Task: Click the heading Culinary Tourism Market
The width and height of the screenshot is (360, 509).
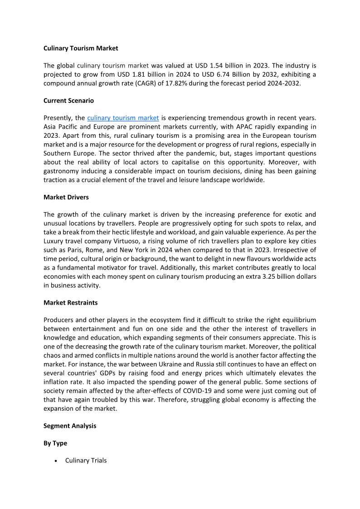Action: [x=81, y=48]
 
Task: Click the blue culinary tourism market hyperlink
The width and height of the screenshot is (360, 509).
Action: [x=123, y=118]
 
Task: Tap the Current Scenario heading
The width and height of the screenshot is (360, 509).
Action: [x=68, y=101]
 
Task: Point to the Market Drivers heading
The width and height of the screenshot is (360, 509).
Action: [x=66, y=197]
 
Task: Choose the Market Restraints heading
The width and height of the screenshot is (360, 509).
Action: [x=70, y=302]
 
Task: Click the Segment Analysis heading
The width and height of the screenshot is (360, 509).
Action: [x=70, y=426]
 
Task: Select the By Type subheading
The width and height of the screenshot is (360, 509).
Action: [x=55, y=443]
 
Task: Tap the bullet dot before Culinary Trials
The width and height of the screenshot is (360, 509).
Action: [x=55, y=461]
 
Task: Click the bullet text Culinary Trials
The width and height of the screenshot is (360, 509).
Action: [x=86, y=461]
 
